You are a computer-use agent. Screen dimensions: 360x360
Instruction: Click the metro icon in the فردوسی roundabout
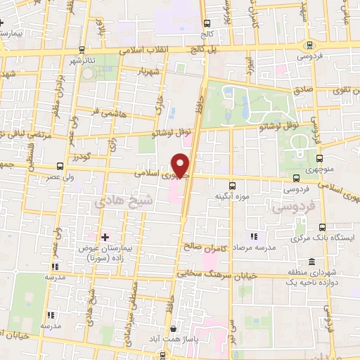310,44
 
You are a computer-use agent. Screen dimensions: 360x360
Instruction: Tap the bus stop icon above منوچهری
320,159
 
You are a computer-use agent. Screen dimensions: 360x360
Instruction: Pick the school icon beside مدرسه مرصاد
254,237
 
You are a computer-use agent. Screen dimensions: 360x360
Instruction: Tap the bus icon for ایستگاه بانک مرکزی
322,227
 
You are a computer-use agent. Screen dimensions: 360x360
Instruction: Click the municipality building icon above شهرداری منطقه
311,262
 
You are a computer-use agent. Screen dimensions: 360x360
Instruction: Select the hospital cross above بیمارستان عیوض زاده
105,236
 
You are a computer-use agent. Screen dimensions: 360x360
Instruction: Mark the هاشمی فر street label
109,111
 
